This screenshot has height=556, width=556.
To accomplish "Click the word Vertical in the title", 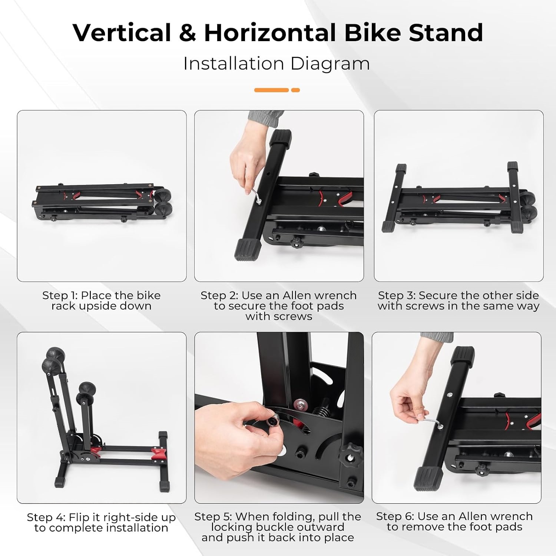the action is (x=122, y=33).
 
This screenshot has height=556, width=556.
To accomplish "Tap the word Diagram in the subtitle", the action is (x=330, y=64).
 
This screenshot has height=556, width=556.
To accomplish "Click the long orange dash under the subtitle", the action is (x=271, y=90).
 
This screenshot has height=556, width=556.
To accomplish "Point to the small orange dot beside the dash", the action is (x=295, y=90).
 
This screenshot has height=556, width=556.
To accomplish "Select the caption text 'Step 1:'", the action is (x=60, y=295).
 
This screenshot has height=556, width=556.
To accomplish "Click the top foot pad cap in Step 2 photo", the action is (x=282, y=138).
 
